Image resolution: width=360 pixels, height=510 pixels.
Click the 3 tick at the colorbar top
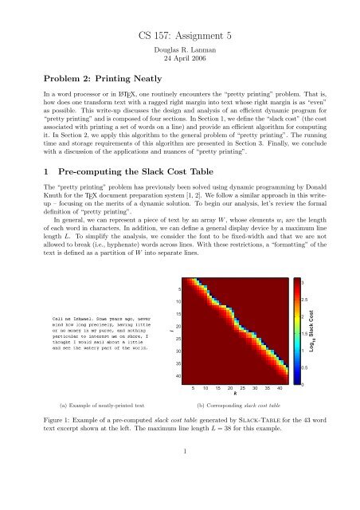302,283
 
